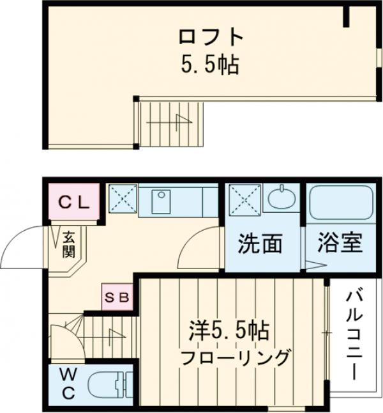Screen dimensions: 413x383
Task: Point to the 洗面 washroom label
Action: pos(260,244)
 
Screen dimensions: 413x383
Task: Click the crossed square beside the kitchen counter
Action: pos(121,199)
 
